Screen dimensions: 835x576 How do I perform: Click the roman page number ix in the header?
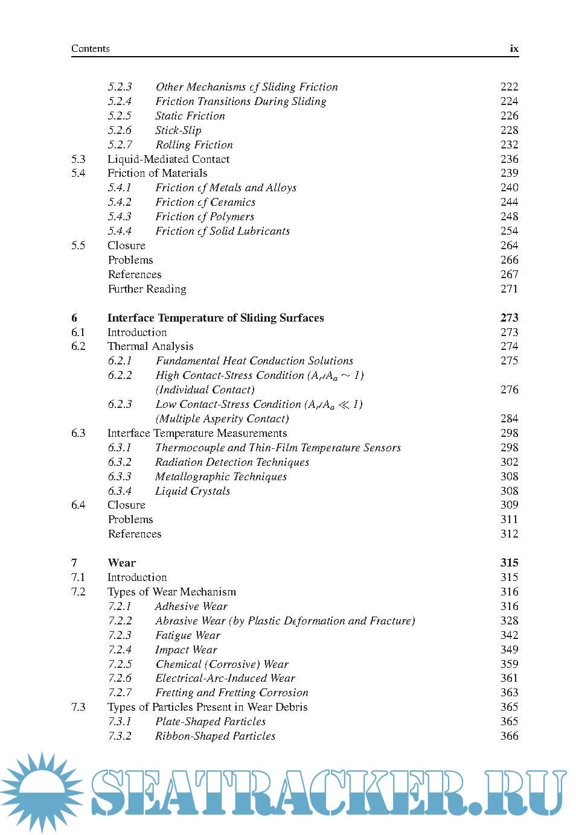coord(514,49)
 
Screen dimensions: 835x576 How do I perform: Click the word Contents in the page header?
coord(91,49)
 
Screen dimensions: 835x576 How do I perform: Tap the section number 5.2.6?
coord(120,130)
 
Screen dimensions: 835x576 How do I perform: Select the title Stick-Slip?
coord(178,130)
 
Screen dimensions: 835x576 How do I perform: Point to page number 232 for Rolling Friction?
coord(509,145)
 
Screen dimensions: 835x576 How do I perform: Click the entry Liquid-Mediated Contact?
coord(168,159)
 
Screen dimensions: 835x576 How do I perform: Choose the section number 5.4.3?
coord(120,217)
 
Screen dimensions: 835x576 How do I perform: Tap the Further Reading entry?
coord(147,289)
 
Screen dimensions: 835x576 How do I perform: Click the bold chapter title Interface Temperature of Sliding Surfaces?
coord(216,318)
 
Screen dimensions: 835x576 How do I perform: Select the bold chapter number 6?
coord(74,318)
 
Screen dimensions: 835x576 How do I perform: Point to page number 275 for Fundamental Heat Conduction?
coord(509,361)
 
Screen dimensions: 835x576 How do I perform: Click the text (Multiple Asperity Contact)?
coord(222,419)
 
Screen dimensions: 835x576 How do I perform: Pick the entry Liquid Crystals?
coord(193,491)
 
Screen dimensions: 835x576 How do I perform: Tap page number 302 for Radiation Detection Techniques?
coord(509,462)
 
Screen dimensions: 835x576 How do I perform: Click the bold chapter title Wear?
coord(122,563)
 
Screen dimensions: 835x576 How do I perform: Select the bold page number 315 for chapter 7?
coord(509,563)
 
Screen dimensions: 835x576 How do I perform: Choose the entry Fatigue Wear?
coord(188,635)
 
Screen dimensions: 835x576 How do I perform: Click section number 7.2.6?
coord(120,678)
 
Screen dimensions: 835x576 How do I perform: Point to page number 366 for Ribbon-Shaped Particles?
coord(509,736)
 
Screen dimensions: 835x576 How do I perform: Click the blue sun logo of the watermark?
coord(41,792)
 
